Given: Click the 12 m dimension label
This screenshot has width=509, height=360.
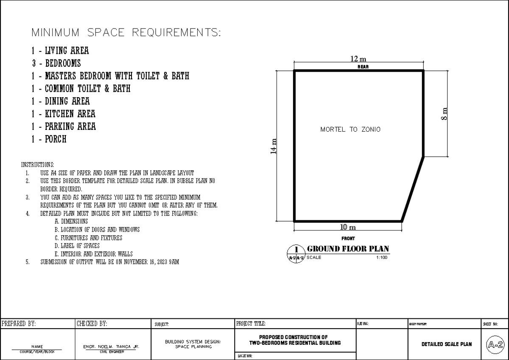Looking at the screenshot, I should point(358,59).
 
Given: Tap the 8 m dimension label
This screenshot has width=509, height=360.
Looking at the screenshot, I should point(444,113).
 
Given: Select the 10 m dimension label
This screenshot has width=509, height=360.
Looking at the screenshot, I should point(348,228).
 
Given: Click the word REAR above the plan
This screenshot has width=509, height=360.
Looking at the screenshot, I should point(358,67).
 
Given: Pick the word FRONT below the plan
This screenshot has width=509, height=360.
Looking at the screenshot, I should point(348,239).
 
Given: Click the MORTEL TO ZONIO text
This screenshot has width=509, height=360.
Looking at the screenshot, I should point(350,129).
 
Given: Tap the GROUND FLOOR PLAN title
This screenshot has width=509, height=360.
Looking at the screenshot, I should point(348,249).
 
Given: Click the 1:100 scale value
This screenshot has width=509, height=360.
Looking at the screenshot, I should point(381,257).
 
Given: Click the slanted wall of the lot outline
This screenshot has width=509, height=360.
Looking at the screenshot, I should point(412,189).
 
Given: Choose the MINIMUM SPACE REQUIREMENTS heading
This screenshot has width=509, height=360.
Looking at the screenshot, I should point(126,33).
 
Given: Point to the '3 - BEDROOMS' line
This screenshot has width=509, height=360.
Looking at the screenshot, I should point(56,64).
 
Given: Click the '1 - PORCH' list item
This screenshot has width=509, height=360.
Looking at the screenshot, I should point(49,139).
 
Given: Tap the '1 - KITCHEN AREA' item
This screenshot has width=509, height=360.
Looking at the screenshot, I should point(63,114).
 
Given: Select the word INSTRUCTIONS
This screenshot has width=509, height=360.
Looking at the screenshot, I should point(37,165).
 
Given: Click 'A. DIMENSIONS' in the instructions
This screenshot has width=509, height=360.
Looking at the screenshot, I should point(71,222).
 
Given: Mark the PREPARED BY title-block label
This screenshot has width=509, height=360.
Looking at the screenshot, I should point(19,323).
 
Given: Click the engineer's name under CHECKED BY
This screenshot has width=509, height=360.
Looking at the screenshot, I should point(112,347).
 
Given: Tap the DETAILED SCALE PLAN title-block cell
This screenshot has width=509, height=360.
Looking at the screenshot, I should point(446,344).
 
